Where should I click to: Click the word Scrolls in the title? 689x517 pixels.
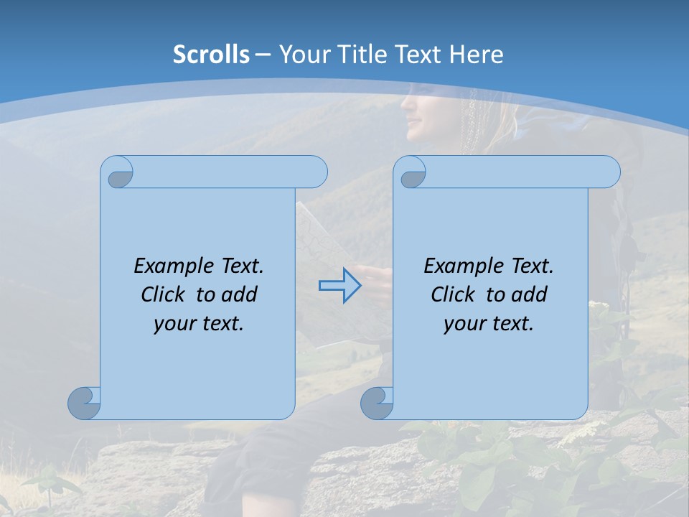(211, 55)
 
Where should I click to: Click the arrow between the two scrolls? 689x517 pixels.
(339, 286)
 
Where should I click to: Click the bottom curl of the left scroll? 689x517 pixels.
(85, 403)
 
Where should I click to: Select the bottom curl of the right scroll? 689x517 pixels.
(377, 403)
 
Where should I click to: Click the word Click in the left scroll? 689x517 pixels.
(166, 294)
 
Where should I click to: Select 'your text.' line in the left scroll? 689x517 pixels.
(199, 324)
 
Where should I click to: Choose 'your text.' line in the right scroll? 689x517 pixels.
(489, 324)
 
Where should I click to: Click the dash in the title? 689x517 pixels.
(263, 55)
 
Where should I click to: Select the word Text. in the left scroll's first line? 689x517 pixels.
(242, 266)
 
